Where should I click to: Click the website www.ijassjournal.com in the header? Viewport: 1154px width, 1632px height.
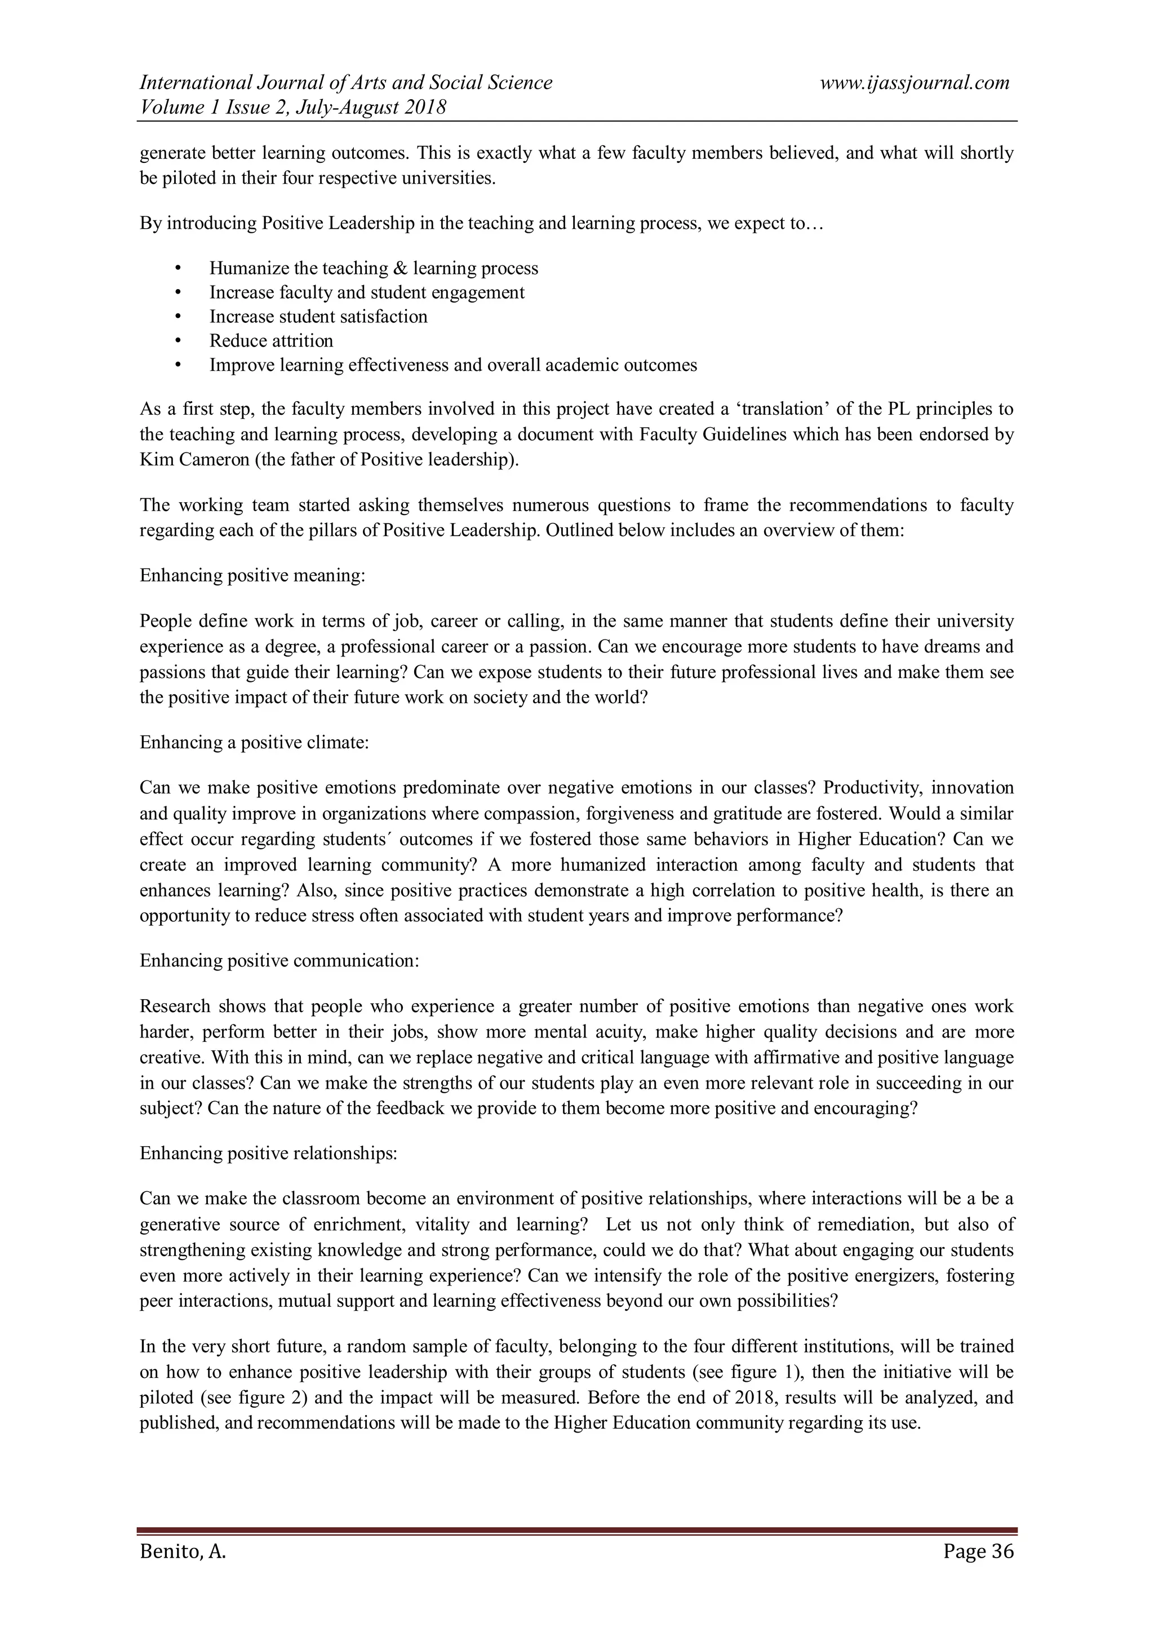click(915, 83)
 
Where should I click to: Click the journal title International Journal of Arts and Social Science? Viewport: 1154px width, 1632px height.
click(346, 83)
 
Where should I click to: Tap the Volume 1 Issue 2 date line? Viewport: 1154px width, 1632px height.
click(293, 108)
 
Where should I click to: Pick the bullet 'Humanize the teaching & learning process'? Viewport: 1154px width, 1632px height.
click(374, 269)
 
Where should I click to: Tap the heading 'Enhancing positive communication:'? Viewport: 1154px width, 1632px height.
click(279, 961)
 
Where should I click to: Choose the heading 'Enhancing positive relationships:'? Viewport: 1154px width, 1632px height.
click(268, 1153)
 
